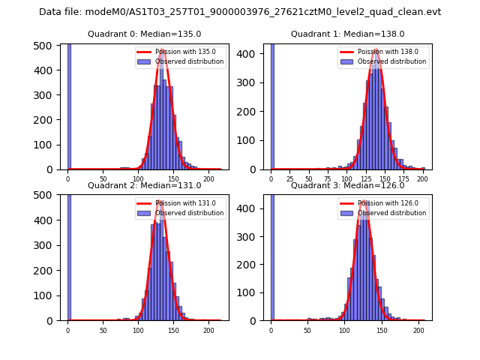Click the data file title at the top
click(240, 12)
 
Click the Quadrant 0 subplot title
click(144, 34)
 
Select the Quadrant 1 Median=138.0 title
click(347, 34)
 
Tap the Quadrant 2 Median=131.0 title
click(144, 185)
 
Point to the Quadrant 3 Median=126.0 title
click(347, 185)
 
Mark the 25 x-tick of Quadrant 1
click(290, 180)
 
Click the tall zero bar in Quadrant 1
click(272, 105)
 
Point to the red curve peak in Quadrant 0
click(162, 50)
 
